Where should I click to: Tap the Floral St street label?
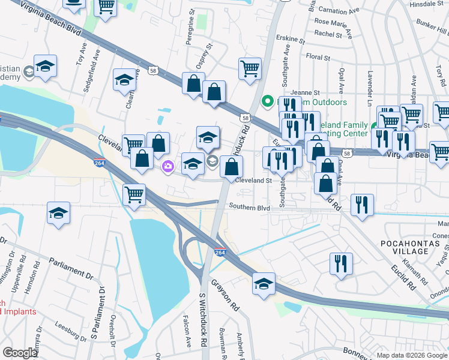318,58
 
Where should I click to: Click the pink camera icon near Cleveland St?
168,166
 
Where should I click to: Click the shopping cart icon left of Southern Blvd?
134,194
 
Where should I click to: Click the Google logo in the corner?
19,353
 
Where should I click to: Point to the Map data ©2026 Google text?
411,355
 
